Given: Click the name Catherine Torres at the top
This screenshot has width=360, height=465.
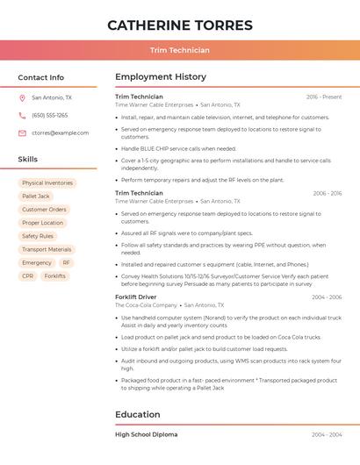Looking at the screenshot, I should click(x=179, y=25).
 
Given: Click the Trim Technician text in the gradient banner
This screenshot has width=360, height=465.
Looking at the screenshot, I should click(x=179, y=51).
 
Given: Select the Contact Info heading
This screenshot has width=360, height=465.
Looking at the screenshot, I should click(x=40, y=77).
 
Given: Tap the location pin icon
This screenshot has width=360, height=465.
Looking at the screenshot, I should click(x=22, y=98).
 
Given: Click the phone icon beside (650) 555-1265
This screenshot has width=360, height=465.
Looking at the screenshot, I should click(x=22, y=116).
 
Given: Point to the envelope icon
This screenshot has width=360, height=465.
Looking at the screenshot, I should click(x=22, y=133).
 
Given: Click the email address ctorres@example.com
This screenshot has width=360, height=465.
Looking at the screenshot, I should click(x=60, y=133).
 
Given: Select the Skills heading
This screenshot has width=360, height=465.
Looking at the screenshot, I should click(x=28, y=160).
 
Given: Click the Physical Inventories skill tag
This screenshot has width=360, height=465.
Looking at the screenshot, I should click(x=47, y=183).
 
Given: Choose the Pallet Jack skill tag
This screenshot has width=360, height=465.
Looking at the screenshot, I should click(x=36, y=197).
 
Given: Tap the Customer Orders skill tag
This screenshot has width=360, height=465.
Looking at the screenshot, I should click(x=44, y=210).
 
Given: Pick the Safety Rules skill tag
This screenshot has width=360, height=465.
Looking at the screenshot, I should click(x=38, y=236).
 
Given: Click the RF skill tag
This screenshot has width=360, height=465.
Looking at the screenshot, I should click(x=66, y=262).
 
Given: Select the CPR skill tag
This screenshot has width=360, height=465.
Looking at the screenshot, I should click(x=28, y=275).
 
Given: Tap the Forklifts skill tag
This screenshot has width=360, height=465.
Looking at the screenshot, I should click(x=54, y=275).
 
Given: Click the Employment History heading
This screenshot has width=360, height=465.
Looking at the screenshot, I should click(x=161, y=77).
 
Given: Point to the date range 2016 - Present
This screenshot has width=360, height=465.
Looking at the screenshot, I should click(x=324, y=97).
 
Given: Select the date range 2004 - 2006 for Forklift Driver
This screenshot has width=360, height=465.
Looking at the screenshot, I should click(x=327, y=297).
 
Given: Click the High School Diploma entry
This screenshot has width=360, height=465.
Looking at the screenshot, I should click(x=146, y=434).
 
